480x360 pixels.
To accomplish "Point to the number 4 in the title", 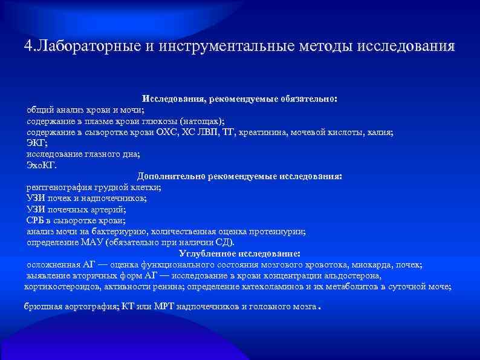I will click(x=28, y=47).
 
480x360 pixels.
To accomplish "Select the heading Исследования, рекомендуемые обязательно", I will click(x=240, y=98).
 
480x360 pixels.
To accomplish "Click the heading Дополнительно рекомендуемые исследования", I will click(x=239, y=177).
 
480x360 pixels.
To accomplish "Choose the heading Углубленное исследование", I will click(x=239, y=254).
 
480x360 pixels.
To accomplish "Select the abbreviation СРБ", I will click(x=36, y=221).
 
